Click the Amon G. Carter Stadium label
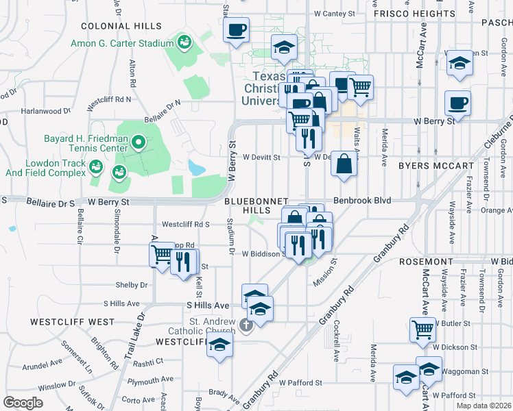pos(122,43)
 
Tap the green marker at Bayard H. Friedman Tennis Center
pos(139,143)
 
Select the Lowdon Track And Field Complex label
pos(44,168)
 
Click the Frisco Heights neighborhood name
pos(413,13)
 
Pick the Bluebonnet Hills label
pos(252,206)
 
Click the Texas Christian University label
pos(269,88)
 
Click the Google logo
pos(23,403)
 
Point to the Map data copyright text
pos(483,406)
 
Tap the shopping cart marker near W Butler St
pos(422,329)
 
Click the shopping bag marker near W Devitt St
pos(344,164)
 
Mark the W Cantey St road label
pos(334,13)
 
